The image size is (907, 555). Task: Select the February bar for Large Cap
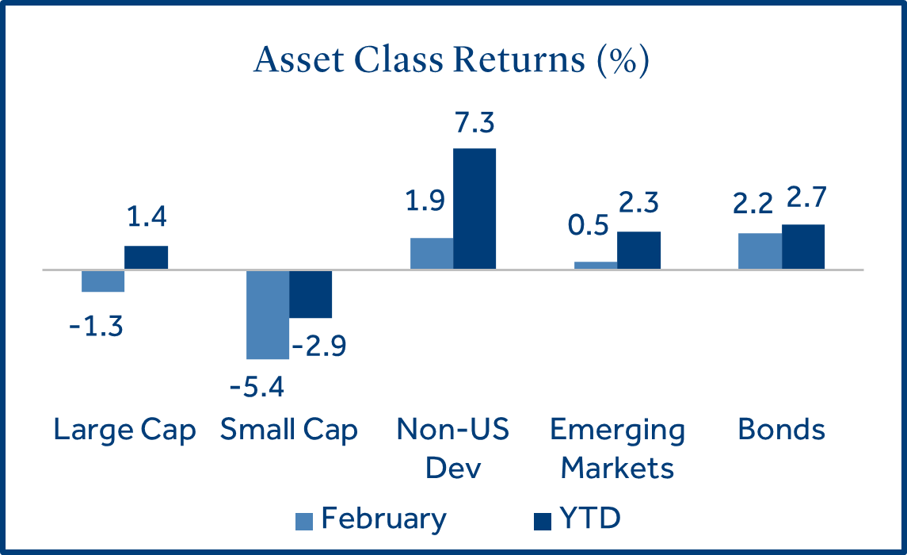point(103,281)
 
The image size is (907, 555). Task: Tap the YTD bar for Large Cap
point(147,258)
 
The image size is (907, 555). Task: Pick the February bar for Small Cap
point(268,315)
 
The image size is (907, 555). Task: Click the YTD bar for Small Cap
point(311,294)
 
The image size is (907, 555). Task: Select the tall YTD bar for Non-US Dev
point(474,209)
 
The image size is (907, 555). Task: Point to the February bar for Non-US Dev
point(432,254)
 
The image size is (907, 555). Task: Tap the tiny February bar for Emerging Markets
point(596,266)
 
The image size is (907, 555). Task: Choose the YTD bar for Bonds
point(803,247)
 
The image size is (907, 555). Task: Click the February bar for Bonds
point(760,251)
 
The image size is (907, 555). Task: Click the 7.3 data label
point(474,123)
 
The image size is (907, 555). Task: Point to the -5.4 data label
point(257,387)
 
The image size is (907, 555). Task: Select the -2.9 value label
point(319,346)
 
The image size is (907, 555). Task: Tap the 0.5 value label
point(589,225)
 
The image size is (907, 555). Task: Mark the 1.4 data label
point(147,216)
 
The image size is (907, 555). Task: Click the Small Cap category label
point(288,431)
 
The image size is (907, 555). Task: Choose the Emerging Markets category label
point(617,449)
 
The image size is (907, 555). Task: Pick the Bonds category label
point(782,430)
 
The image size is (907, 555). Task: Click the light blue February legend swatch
point(304,522)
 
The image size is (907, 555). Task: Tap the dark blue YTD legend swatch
point(543,522)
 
